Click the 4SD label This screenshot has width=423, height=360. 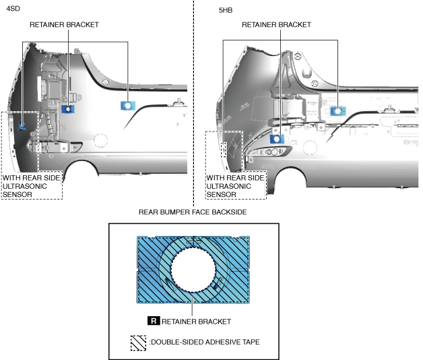pos(13,11)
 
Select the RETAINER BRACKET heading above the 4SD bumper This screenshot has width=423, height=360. pos(64,24)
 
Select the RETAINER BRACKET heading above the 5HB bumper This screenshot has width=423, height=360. pos(276,24)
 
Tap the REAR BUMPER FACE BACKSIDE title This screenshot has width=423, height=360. pos(192,212)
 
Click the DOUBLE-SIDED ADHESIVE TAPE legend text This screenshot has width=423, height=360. pos(205,342)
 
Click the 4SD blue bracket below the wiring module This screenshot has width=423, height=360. pos(67,108)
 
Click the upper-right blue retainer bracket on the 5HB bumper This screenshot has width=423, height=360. pos(337,111)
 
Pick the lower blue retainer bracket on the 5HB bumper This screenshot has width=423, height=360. pos(275,139)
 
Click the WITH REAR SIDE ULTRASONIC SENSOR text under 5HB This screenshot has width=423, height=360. pos(235,186)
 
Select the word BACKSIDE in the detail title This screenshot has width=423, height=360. pos(228,212)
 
